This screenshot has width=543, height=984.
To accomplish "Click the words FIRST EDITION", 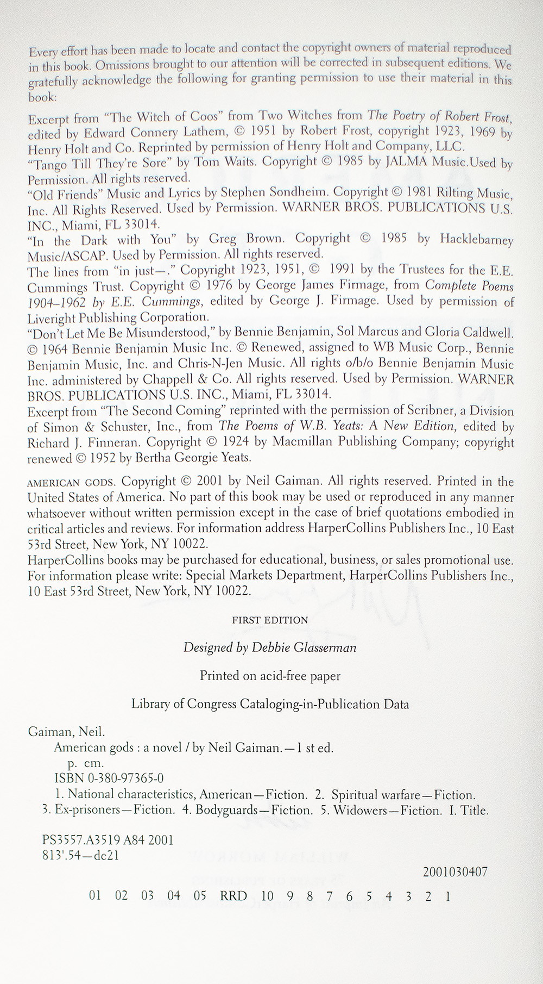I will click(x=270, y=620).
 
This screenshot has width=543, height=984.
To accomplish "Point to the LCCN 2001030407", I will click(x=454, y=872).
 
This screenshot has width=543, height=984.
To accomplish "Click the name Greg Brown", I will click(x=237, y=239).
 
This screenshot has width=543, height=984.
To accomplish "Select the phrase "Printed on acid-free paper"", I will click(x=270, y=676).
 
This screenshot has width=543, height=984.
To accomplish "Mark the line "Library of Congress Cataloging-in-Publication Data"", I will click(x=270, y=704).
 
